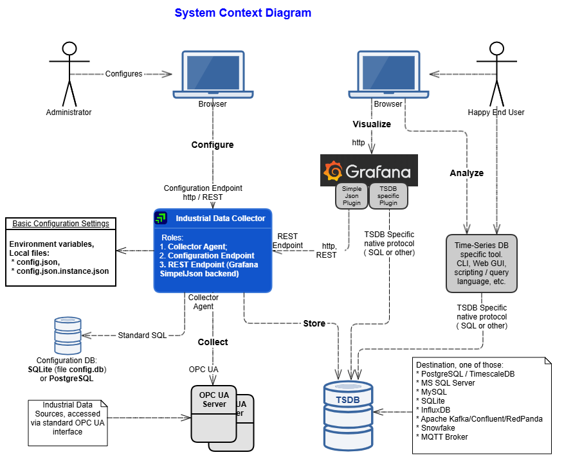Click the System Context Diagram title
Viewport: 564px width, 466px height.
pyautogui.click(x=242, y=13)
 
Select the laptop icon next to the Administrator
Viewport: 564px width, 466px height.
pyautogui.click(x=212, y=74)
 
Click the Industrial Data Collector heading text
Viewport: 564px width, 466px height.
pyautogui.click(x=220, y=219)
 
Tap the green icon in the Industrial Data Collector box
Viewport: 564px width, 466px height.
pyautogui.click(x=161, y=219)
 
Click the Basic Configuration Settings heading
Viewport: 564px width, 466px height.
pyautogui.click(x=61, y=224)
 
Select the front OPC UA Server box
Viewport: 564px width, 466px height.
pyautogui.click(x=214, y=415)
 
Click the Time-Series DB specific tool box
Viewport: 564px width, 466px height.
pyautogui.click(x=481, y=264)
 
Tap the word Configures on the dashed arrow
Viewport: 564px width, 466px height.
pyautogui.click(x=123, y=74)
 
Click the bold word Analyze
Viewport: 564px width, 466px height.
pyautogui.click(x=466, y=174)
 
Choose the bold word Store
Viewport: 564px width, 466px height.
pyautogui.click(x=314, y=323)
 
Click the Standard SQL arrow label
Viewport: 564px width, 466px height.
pyautogui.click(x=142, y=335)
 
